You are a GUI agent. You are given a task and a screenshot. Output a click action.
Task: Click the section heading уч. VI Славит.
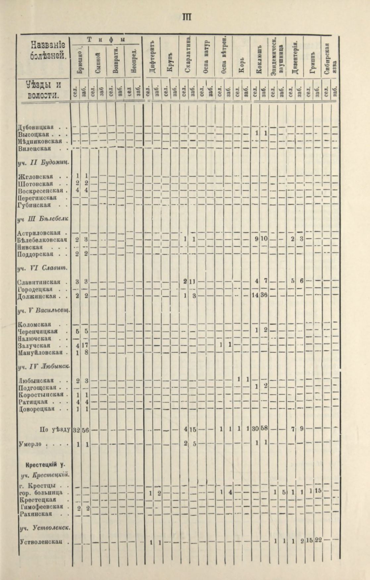[42, 268]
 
